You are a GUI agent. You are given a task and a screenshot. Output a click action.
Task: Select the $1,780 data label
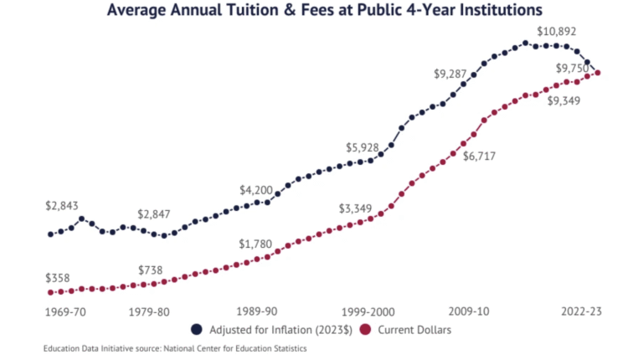tap(256, 244)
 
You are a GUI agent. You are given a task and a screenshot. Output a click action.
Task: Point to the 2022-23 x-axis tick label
tap(582, 311)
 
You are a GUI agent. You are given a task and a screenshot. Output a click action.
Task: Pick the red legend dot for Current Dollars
tap(365, 330)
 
